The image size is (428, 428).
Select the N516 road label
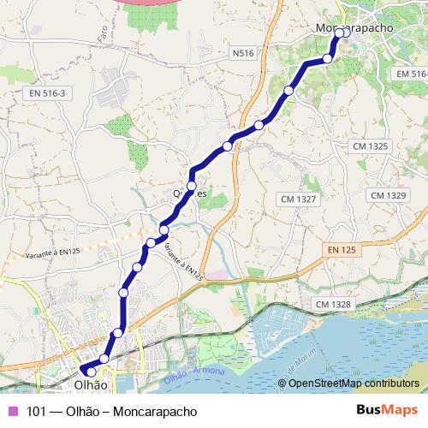point(244,53)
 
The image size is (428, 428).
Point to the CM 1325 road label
point(370,146)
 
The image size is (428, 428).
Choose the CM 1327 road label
point(298,199)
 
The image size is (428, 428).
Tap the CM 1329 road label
point(388,196)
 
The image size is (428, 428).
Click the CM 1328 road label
point(333,304)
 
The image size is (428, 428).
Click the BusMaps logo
point(387,411)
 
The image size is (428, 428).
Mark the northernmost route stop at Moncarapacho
point(339,33)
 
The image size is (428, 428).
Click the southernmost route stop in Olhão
point(92,372)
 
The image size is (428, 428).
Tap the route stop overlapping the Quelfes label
point(192,186)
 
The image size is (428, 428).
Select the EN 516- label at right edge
point(411,74)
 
